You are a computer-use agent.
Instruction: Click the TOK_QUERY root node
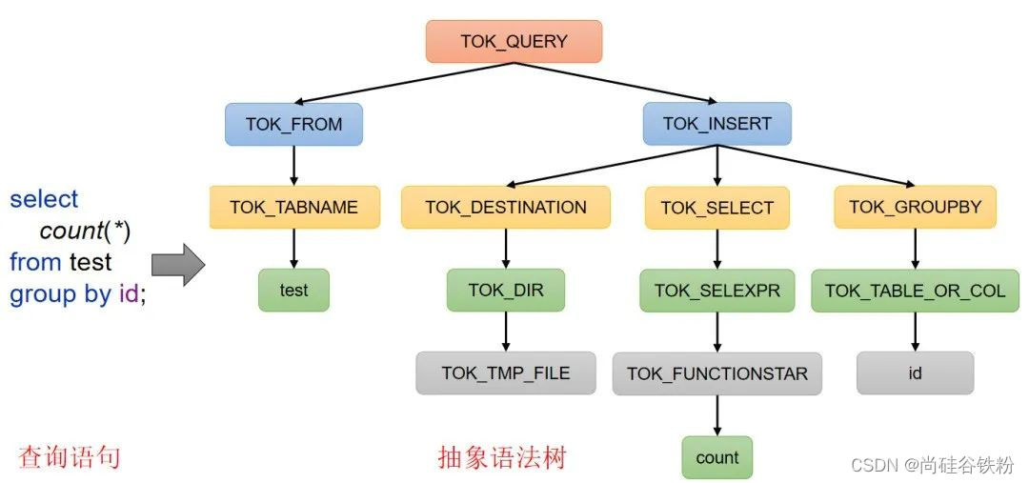[x=514, y=42]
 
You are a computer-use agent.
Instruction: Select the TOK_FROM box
[x=293, y=124]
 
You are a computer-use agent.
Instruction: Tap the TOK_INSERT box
[x=716, y=124]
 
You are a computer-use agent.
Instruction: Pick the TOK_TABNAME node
[x=293, y=207]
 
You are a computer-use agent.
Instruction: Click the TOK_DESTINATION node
[x=506, y=207]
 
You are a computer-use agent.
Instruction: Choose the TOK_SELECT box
[x=716, y=208]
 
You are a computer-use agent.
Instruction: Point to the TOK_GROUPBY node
[x=915, y=207]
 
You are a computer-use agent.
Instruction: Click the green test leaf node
[x=293, y=290]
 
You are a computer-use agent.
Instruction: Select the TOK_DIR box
[x=506, y=290]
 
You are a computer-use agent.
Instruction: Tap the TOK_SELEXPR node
[x=716, y=290]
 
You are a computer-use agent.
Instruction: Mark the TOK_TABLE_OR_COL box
[x=915, y=290]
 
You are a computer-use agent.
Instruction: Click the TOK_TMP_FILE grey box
[x=506, y=372]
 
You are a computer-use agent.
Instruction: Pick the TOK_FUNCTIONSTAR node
[x=716, y=373]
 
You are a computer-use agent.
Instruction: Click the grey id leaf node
[x=915, y=372]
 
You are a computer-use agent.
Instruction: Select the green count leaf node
[x=716, y=457]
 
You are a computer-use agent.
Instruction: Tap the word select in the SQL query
[x=44, y=199]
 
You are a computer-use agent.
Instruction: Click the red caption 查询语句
[x=70, y=457]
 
